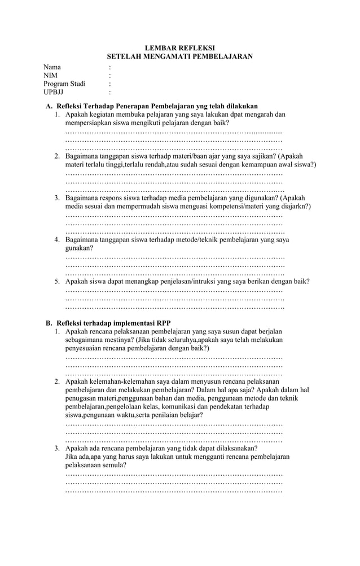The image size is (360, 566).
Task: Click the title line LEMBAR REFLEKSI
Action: pos(179,48)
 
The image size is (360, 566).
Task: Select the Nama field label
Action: pos(52,67)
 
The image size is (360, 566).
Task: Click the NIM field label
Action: pos(51,76)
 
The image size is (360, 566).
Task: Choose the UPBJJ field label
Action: pos(54,93)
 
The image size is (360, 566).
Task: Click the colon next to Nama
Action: pos(109,67)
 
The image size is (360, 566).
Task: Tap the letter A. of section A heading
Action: pos(49,106)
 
